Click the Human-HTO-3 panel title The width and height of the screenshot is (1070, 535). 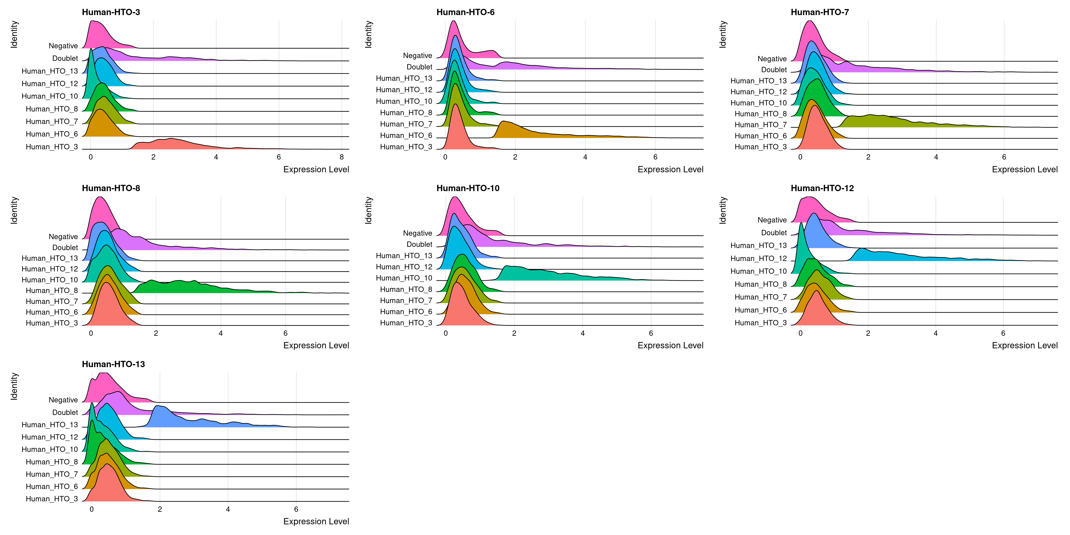pos(111,12)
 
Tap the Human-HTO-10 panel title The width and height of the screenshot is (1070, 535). pos(468,188)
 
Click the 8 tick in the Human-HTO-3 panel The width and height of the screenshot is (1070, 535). pos(341,157)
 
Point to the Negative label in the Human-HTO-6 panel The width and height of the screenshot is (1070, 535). pos(418,56)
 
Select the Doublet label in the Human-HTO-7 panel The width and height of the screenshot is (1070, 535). pos(774,70)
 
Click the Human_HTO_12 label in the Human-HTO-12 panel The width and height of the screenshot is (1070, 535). pos(758,258)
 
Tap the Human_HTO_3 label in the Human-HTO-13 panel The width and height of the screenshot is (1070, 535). pos(52,499)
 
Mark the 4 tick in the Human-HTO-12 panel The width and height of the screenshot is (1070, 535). pos(935,333)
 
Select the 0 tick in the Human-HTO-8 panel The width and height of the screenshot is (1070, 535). pos(91,333)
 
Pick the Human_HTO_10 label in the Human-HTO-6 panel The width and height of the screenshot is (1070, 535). pos(404,101)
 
